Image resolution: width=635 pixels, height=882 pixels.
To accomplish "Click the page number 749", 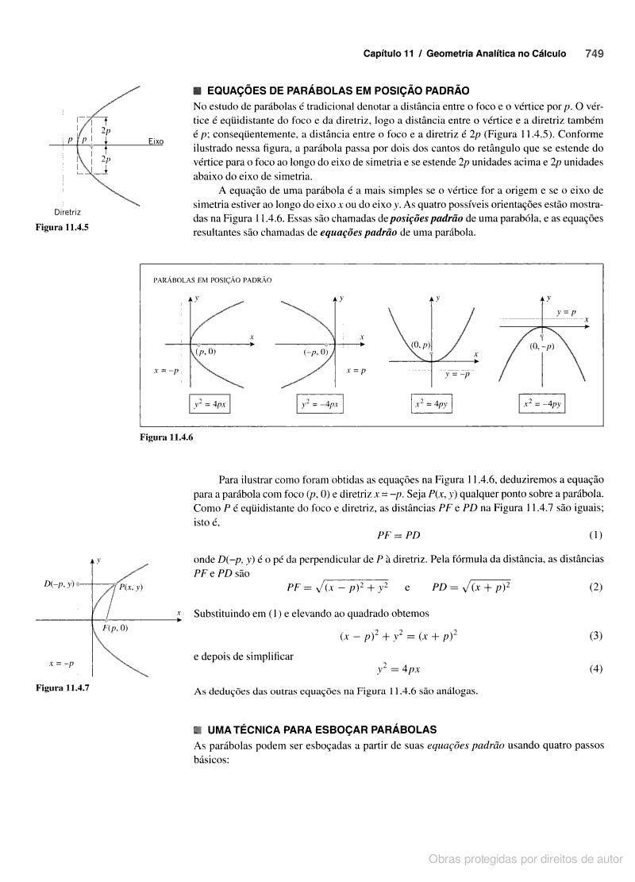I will pyautogui.click(x=595, y=54).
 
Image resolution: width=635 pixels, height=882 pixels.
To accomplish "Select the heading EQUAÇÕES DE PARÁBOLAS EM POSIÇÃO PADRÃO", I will pyautogui.click(x=337, y=92).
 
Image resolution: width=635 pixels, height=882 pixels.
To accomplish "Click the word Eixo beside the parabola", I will pyautogui.click(x=155, y=141).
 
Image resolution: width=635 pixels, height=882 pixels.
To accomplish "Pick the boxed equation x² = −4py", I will pyautogui.click(x=542, y=404).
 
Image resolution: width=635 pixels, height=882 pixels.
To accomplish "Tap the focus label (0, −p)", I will pyautogui.click(x=542, y=346).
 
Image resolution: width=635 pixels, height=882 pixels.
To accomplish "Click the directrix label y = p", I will pyautogui.click(x=566, y=313).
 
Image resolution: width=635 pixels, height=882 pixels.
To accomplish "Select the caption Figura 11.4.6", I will pyautogui.click(x=167, y=437).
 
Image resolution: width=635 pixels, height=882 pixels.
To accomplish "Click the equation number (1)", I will pyautogui.click(x=596, y=534).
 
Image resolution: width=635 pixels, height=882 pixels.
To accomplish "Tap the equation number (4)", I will pyautogui.click(x=596, y=668).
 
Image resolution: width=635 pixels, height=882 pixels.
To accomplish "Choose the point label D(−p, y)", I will pyautogui.click(x=59, y=584).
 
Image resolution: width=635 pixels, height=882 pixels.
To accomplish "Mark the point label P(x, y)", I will pyautogui.click(x=131, y=587).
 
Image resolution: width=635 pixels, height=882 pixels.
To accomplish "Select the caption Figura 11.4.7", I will pyautogui.click(x=62, y=688).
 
